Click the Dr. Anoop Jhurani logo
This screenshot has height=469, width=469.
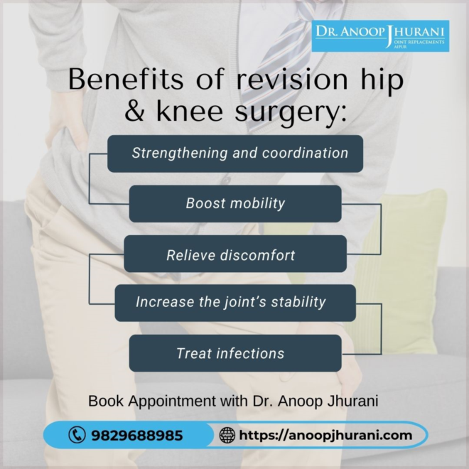pyautogui.click(x=381, y=36)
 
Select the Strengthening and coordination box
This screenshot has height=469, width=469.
pyautogui.click(x=235, y=153)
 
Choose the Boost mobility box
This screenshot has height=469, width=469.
pyautogui.click(x=235, y=204)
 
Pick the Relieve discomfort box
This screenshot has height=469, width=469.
pyautogui.click(x=235, y=254)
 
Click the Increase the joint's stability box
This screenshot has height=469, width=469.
pyautogui.click(x=235, y=302)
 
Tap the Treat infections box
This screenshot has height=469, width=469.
pyautogui.click(x=235, y=353)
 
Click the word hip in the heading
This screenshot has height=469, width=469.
pyautogui.click(x=383, y=80)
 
